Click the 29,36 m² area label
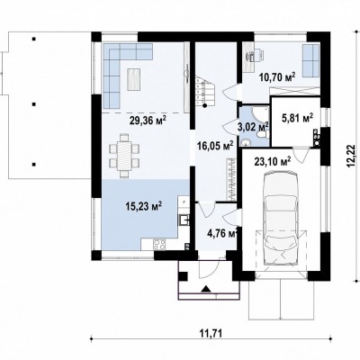pos(148,120)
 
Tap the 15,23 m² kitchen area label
pos(144,206)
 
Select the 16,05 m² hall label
pos(215,146)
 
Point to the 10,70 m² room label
pos(276,76)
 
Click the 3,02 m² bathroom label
pos(253,127)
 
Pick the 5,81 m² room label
pos(297,118)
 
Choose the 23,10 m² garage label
pos(273,161)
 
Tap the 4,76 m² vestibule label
pos(222,233)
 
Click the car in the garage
pos(281,218)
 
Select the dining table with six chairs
pos(124,156)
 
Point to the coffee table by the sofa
pos(134,79)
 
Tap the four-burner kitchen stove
pos(159,244)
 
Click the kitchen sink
pos(184,220)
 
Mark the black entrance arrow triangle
pos(206,289)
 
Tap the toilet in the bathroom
pos(263,134)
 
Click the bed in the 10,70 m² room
pos(310,60)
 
